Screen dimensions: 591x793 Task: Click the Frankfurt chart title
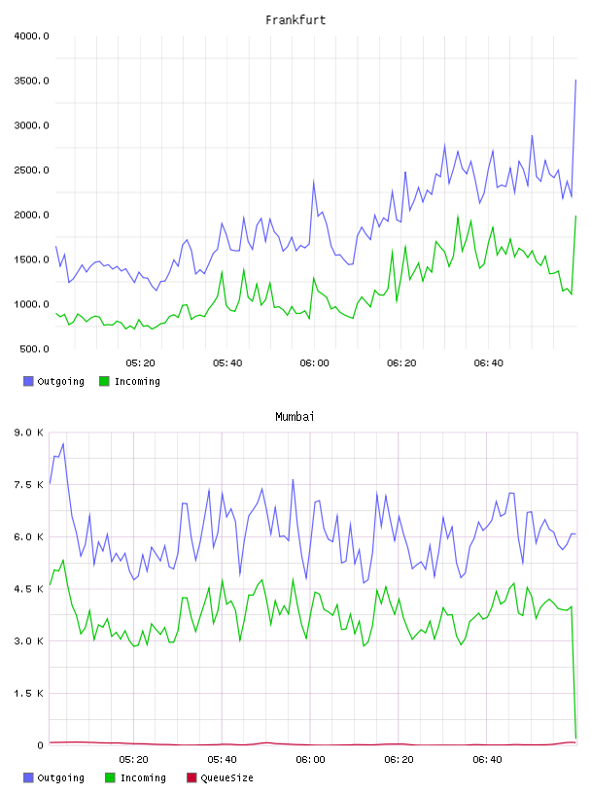click(295, 20)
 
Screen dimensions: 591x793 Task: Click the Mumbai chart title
click(295, 417)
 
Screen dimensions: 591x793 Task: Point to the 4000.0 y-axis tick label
click(32, 36)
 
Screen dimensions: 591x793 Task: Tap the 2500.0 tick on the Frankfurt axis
click(32, 170)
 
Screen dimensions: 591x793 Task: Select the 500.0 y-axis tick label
click(34, 349)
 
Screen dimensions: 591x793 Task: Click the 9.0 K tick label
click(29, 432)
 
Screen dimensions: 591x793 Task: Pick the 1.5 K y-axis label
click(29, 693)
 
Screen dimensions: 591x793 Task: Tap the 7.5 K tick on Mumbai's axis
click(29, 485)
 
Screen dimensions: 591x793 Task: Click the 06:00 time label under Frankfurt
click(314, 363)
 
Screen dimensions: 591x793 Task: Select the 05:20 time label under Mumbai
click(133, 760)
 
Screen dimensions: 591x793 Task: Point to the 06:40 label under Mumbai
click(487, 760)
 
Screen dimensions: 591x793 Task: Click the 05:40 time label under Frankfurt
click(227, 363)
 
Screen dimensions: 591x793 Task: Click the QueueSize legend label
click(226, 777)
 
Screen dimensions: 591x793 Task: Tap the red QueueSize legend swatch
click(191, 777)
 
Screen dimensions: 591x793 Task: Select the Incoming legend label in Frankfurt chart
click(137, 381)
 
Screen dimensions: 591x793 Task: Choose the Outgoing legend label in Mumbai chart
click(60, 777)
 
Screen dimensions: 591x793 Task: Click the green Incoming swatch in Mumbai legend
click(110, 777)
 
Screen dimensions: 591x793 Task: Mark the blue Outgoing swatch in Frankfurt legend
click(28, 381)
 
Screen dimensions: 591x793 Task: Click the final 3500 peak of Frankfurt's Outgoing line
click(575, 80)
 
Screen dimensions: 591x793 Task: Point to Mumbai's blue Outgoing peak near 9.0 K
click(63, 443)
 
